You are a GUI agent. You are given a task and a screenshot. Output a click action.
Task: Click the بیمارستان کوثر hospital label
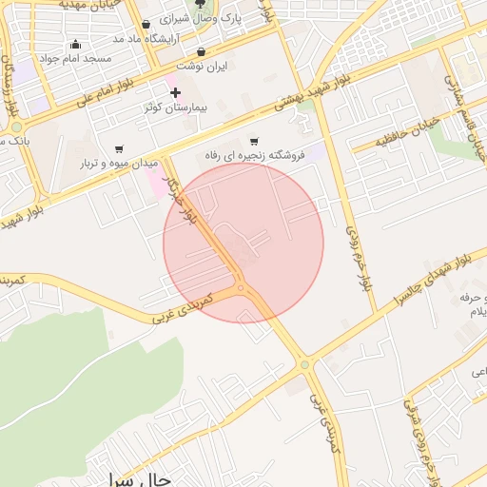pos(147,107)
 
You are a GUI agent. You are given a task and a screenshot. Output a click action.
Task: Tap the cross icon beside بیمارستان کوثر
pos(175,92)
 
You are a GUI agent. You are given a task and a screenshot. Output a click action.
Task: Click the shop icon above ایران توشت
pos(201,52)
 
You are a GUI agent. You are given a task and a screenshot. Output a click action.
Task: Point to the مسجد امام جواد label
pos(83,58)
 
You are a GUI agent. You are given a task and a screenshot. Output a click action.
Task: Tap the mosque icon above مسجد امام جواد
pos(75,44)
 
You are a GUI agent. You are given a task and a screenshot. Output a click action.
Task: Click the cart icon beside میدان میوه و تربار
pos(118,148)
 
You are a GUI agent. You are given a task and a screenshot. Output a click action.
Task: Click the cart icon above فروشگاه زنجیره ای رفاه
pos(253,141)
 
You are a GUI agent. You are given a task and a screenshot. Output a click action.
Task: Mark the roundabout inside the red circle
pos(241,286)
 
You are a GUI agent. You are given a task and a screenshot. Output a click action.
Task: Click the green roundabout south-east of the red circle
pos(304,363)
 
